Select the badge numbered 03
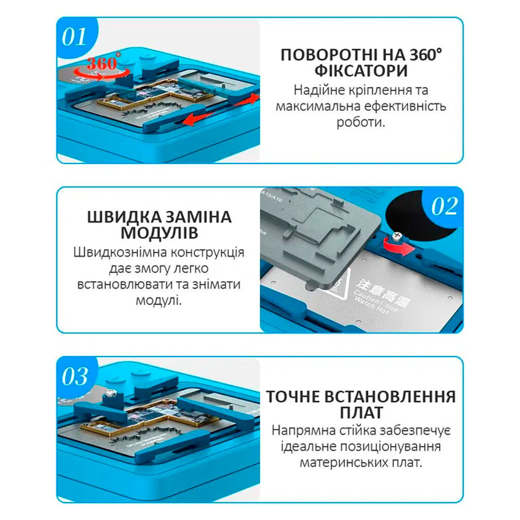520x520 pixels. [75, 377]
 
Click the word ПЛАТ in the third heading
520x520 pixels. [361, 412]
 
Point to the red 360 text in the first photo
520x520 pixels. [102, 64]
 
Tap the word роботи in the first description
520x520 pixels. [361, 122]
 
